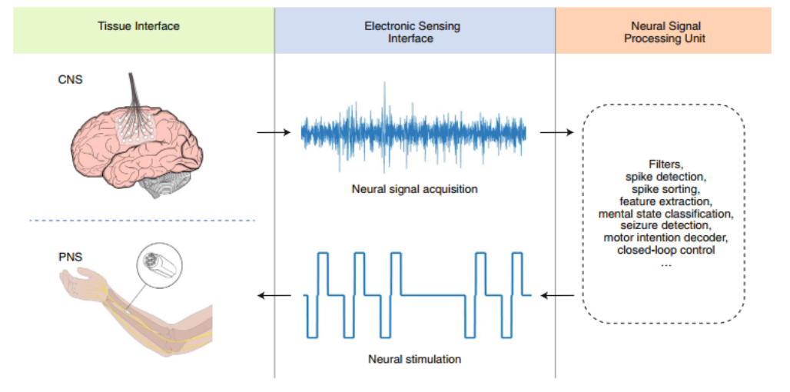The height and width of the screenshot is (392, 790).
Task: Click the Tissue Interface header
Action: coord(138,25)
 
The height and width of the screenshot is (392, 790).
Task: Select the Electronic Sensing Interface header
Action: coord(412,32)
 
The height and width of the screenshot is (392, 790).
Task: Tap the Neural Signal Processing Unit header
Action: coord(664,32)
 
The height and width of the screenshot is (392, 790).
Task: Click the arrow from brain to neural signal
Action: coord(274,132)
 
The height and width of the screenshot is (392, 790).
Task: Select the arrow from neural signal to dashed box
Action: coord(556,132)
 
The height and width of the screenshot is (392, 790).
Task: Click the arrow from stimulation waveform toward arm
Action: coord(274,295)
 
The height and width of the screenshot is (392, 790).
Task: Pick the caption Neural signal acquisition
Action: coord(415,190)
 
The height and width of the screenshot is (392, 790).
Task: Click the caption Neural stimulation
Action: coord(415,359)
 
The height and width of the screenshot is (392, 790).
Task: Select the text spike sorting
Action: coord(665,190)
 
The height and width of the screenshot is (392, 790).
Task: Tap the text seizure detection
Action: coord(666,226)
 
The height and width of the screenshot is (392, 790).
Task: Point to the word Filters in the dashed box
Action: coord(666,164)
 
